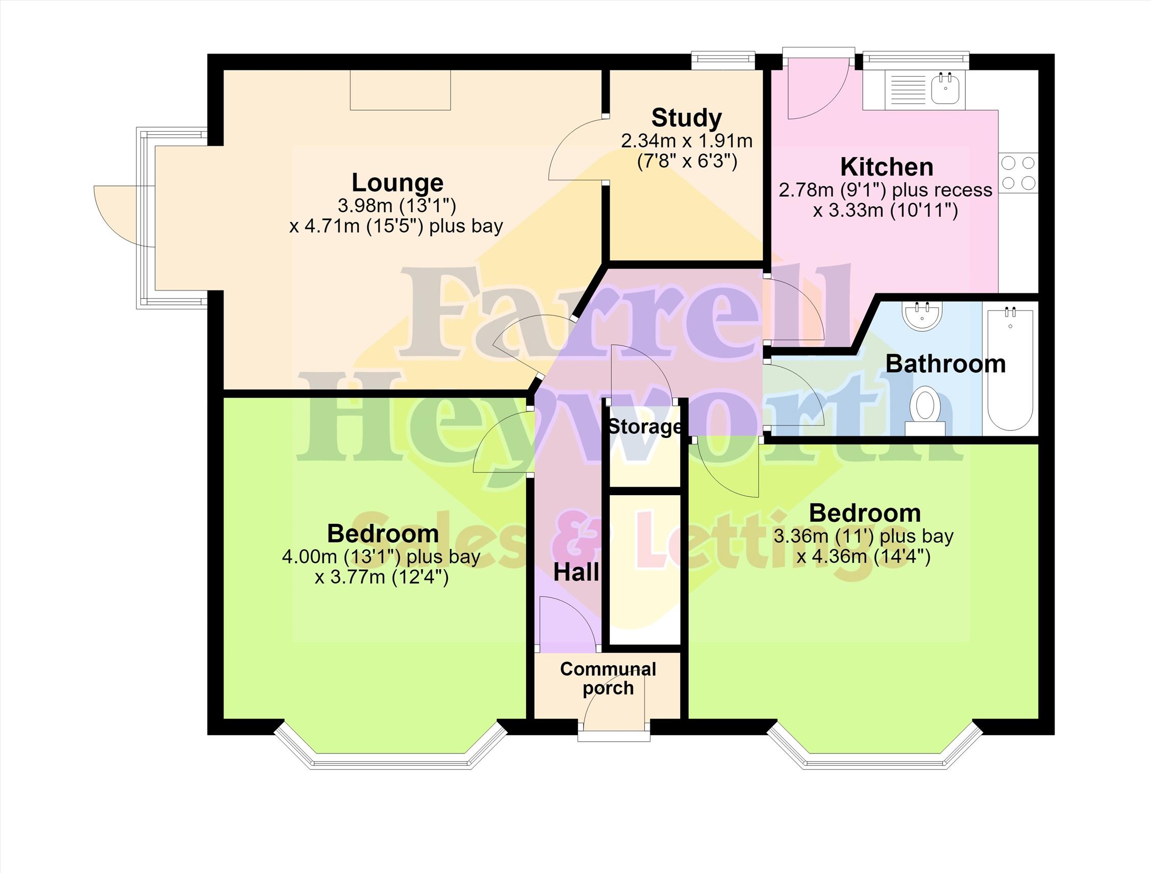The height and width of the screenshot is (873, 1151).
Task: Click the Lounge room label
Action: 397,183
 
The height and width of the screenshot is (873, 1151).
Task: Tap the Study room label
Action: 686,117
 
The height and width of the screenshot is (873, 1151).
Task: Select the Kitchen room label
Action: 887,167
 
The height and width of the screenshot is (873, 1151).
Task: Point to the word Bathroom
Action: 945,364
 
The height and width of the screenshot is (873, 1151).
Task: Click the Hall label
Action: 576,573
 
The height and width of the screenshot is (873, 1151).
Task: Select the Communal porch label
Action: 608,678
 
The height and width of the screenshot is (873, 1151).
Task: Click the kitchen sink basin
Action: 945,88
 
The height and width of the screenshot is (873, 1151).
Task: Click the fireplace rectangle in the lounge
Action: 400,90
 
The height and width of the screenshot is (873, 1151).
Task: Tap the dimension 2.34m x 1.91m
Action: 686,141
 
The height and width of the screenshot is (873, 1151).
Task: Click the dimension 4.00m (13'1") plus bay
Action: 381,557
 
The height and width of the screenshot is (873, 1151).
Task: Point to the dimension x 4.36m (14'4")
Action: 863,557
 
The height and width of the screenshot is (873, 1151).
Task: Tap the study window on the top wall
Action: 723,60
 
